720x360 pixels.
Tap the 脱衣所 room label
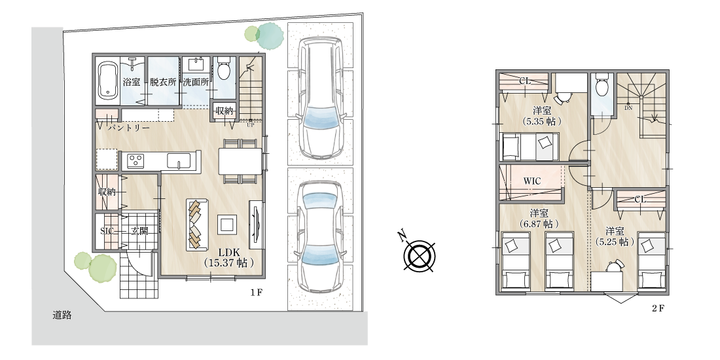[162, 82]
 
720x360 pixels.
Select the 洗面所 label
[196, 82]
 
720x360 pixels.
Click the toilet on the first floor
[225, 69]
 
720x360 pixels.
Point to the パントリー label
[129, 128]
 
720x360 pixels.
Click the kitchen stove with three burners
[135, 161]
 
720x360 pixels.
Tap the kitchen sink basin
[179, 161]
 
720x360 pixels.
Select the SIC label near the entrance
[107, 231]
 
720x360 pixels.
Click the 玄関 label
[139, 231]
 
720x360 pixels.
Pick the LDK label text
[227, 252]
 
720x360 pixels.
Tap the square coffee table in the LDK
[227, 225]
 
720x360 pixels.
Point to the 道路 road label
[62, 315]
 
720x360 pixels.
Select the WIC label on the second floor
[532, 181]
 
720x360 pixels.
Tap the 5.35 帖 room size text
[542, 122]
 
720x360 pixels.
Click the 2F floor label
[658, 308]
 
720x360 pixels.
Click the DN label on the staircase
[628, 107]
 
